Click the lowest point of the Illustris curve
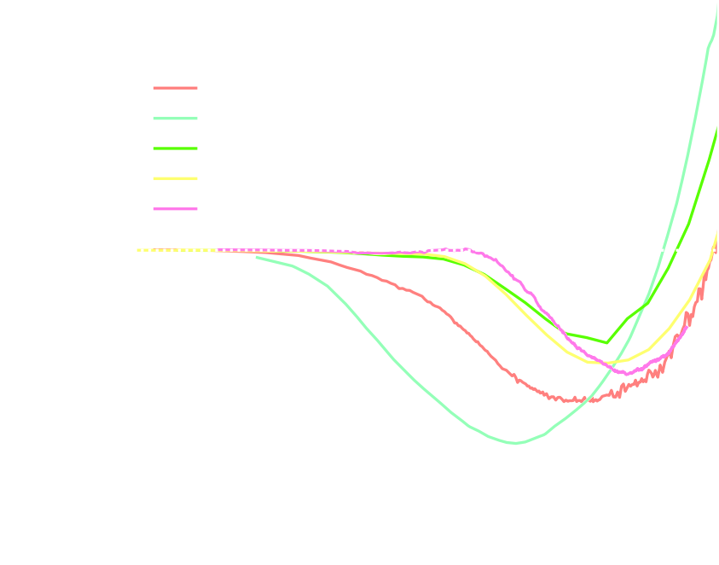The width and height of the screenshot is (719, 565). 517,443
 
